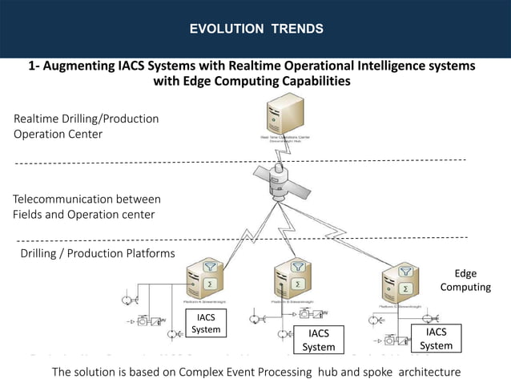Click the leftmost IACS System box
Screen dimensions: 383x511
click(x=206, y=323)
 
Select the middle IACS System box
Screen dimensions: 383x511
click(x=318, y=340)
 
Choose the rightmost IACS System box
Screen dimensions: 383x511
click(x=437, y=338)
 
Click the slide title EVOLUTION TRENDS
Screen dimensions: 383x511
click(x=255, y=29)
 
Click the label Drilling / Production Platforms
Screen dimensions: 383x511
click(x=97, y=253)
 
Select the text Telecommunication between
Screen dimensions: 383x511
click(x=87, y=199)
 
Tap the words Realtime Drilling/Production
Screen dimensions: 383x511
click(x=86, y=119)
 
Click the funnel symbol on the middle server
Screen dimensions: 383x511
click(x=298, y=268)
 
